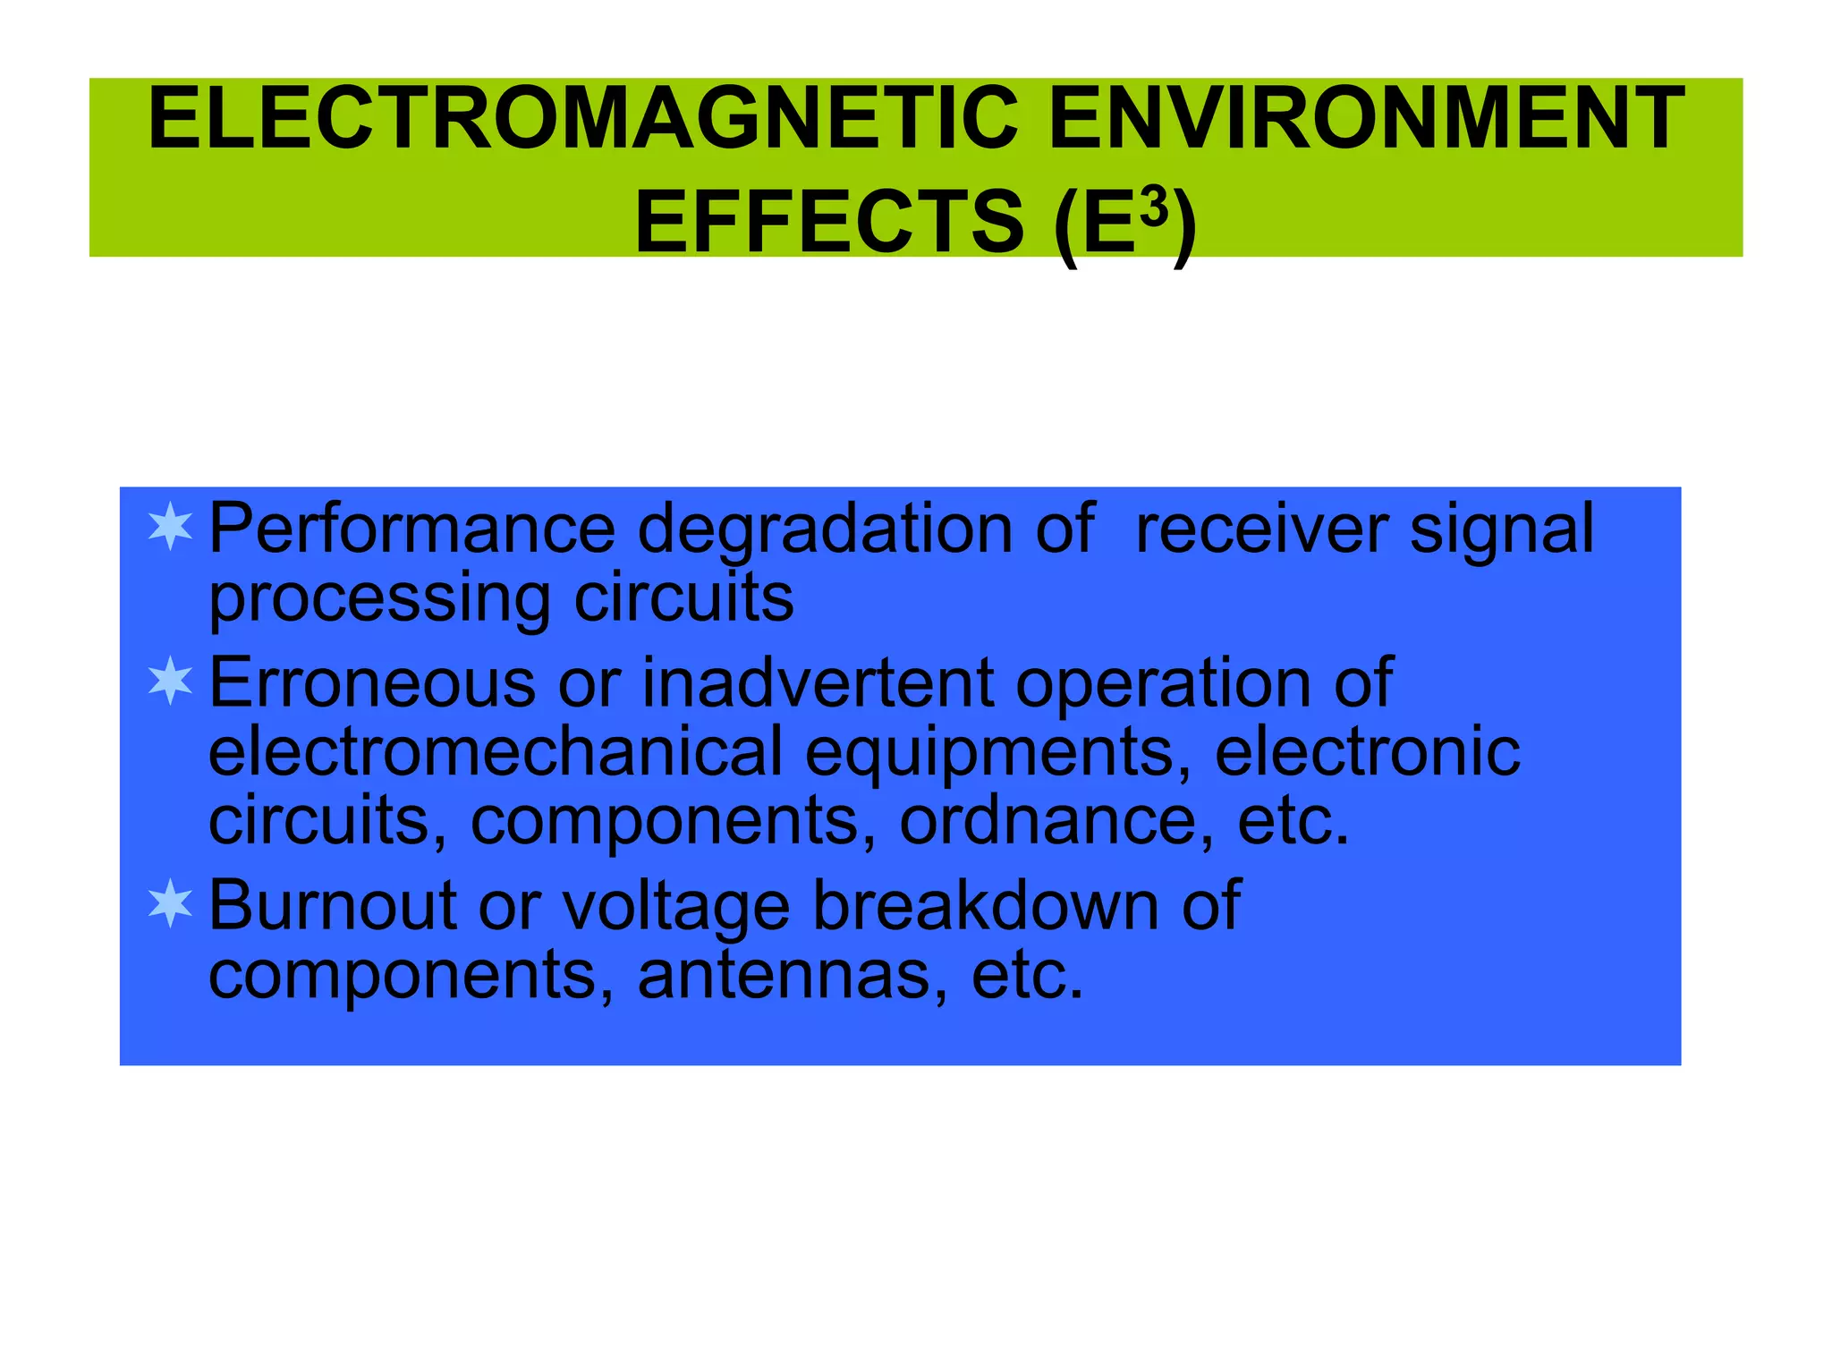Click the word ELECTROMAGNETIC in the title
[582, 119]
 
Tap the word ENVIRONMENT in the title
[1366, 119]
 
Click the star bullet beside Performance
[170, 527]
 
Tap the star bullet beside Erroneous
[170, 682]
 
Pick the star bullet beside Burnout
[170, 903]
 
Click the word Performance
[411, 529]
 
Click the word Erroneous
[371, 683]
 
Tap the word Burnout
[333, 905]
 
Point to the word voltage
[675, 907]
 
